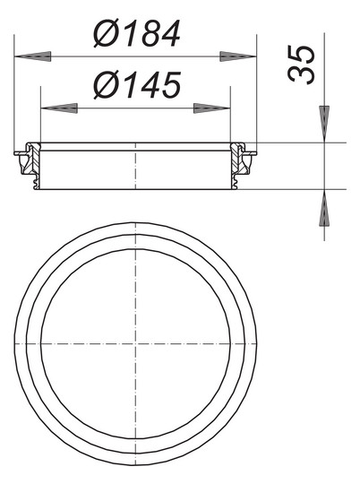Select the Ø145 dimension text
[x=136, y=86]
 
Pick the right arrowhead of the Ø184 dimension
[x=240, y=56]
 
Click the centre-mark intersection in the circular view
[x=135, y=344]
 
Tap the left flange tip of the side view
[x=18, y=153]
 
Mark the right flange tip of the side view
[x=253, y=153]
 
